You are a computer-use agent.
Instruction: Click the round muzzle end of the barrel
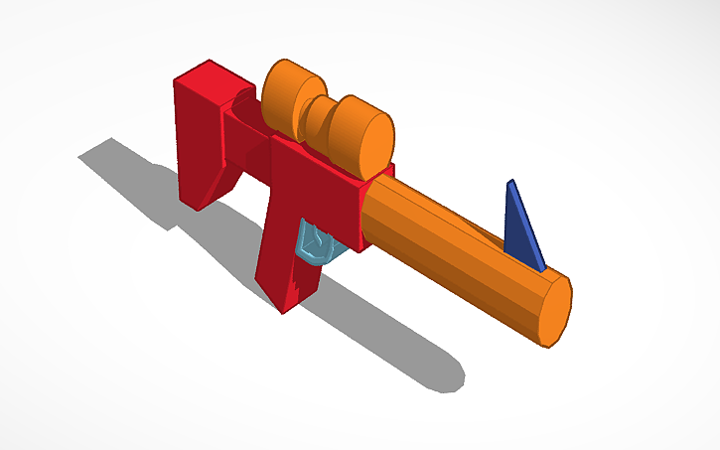click(553, 310)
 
